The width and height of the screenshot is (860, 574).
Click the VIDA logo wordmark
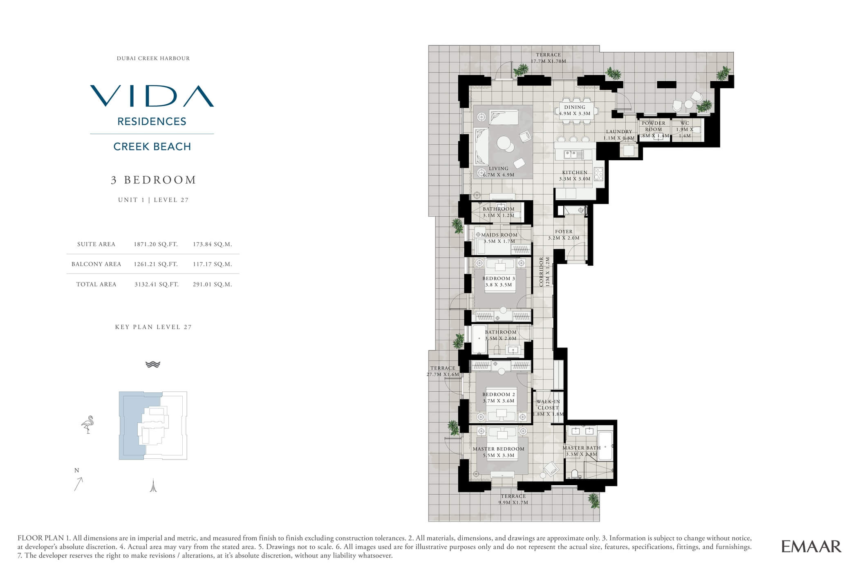[x=152, y=96]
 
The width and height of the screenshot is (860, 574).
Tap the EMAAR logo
[x=811, y=546]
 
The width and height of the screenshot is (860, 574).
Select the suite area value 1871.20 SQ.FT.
[x=156, y=244]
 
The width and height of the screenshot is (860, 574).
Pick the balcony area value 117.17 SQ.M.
[x=213, y=264]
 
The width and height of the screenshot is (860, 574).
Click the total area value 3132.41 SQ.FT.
[x=157, y=284]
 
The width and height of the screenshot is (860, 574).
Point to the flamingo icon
[x=88, y=425]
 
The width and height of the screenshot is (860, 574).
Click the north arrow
[x=78, y=484]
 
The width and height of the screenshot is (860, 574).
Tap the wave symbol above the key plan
[x=153, y=364]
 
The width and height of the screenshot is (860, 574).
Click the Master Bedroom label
[x=499, y=448]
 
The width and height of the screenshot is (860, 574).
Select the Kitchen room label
[x=575, y=173]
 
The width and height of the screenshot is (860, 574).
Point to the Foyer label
[x=564, y=231]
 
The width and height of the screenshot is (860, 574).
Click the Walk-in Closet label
[x=548, y=405]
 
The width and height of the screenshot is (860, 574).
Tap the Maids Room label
[x=499, y=235]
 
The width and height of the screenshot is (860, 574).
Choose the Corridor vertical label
[x=542, y=272]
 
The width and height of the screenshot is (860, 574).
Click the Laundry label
[x=619, y=132]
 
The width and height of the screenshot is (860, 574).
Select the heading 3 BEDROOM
[x=154, y=180]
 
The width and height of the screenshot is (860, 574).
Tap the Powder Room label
[x=654, y=126]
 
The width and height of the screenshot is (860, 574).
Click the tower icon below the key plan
[x=153, y=485]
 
